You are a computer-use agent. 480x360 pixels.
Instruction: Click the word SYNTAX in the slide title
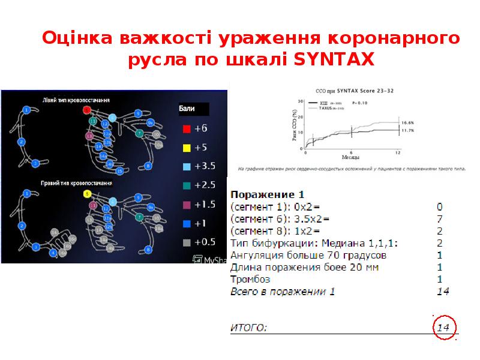click(x=334, y=60)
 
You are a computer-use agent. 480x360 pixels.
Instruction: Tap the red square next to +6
click(x=187, y=128)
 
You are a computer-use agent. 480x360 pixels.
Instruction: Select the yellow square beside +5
click(x=187, y=148)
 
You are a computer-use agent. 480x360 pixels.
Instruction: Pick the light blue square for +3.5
click(x=187, y=166)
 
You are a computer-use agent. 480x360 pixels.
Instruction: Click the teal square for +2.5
click(x=187, y=185)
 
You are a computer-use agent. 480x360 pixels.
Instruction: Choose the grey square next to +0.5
click(x=187, y=242)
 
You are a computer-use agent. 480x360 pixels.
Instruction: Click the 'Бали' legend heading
click(x=187, y=109)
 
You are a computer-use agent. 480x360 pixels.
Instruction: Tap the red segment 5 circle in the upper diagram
click(x=86, y=110)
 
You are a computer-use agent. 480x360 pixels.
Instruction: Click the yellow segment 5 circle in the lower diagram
click(x=87, y=194)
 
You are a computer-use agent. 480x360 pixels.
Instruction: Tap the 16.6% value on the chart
click(x=408, y=122)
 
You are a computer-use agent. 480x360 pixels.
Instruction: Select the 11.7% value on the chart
click(x=408, y=130)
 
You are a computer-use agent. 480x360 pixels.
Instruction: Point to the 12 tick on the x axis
click(x=398, y=152)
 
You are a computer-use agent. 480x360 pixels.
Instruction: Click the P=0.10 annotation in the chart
click(x=359, y=103)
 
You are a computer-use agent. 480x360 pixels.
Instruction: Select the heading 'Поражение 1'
click(x=268, y=194)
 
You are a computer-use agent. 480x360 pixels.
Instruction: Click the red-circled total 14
click(x=443, y=328)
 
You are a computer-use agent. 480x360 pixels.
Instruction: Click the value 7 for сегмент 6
click(x=440, y=218)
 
